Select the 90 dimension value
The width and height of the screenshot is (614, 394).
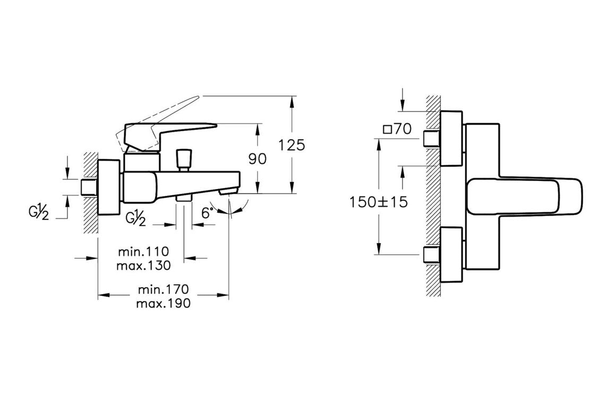point(258,159)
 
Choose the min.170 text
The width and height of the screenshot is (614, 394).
point(163,290)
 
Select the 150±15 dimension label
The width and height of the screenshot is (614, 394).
point(378,202)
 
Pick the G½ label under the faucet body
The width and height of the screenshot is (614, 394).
point(136,218)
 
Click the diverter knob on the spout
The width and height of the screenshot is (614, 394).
point(184,158)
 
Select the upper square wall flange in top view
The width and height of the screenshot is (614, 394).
point(451,139)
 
